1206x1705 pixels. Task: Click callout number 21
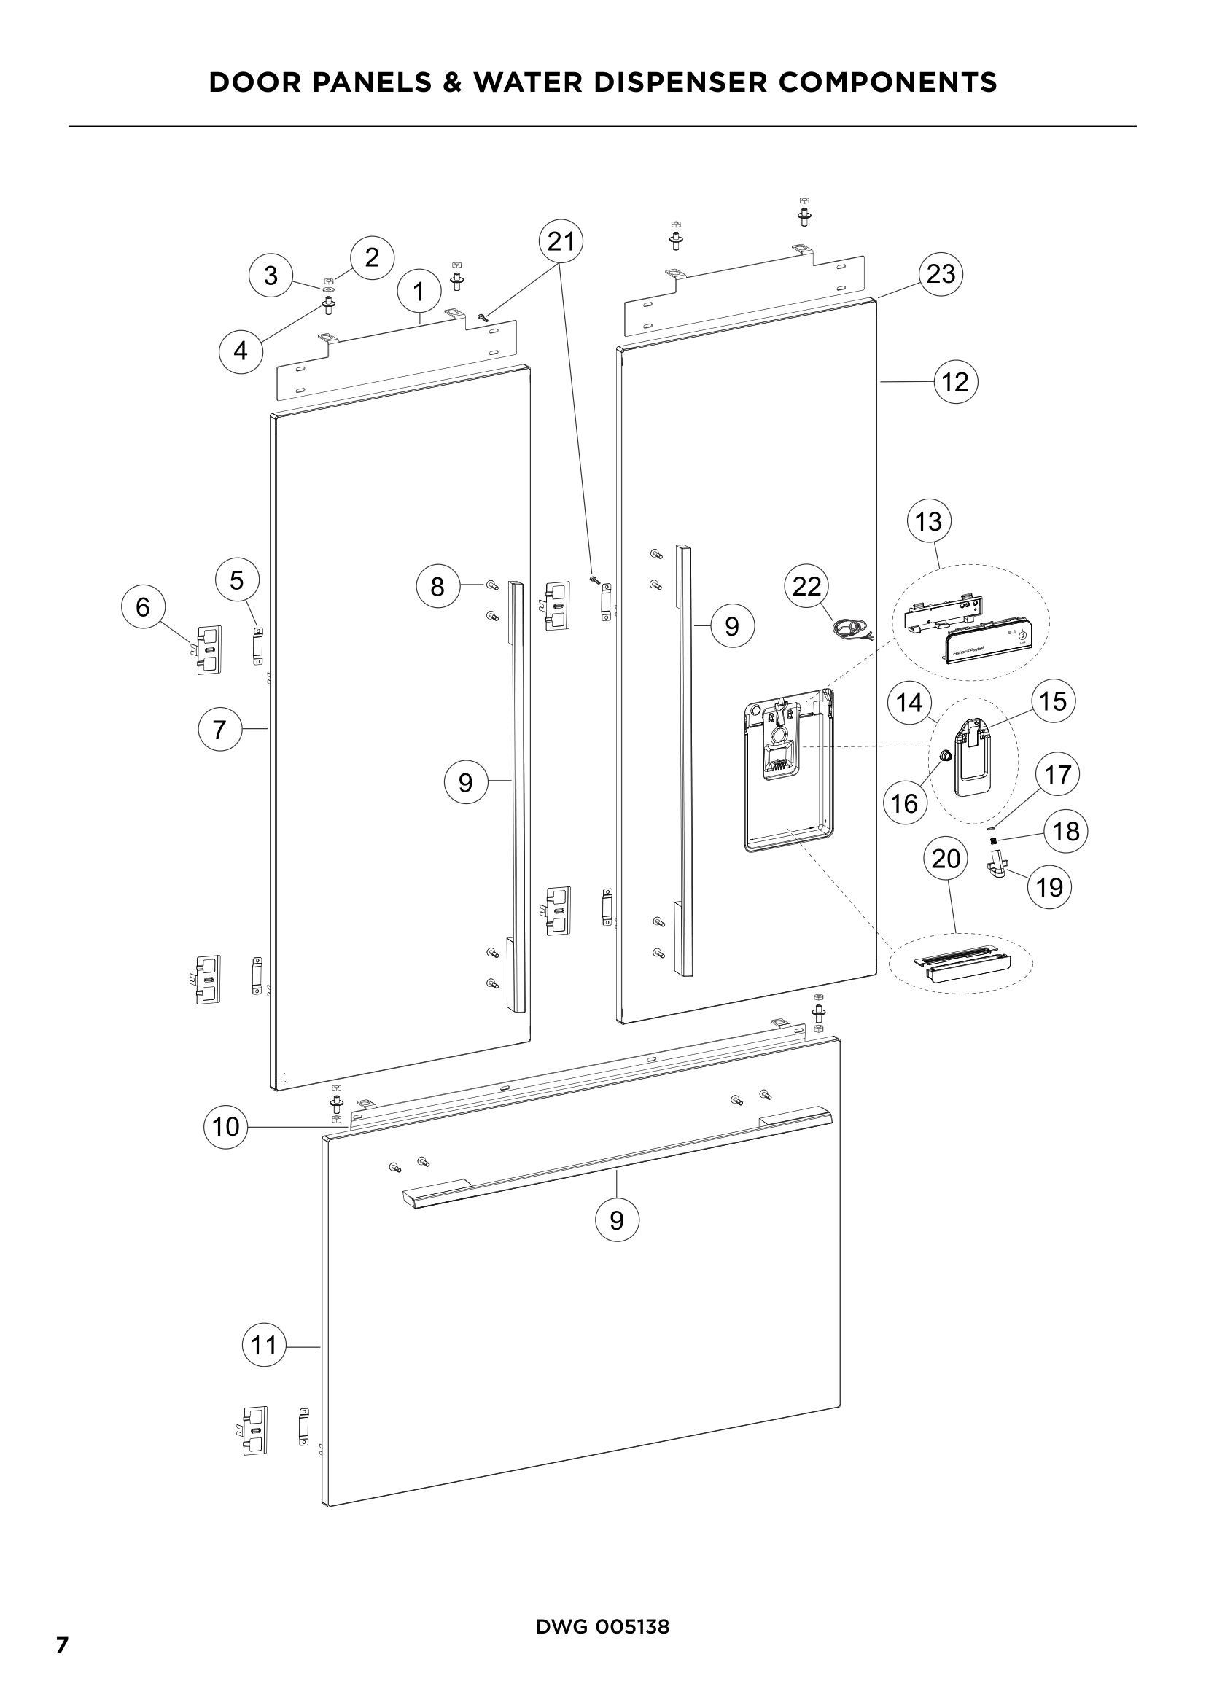click(561, 242)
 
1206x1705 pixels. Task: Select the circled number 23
click(940, 274)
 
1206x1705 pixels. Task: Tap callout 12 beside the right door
click(955, 382)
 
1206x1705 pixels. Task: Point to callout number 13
click(928, 521)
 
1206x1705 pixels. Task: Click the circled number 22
click(806, 586)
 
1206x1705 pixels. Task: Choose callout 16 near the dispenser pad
click(904, 803)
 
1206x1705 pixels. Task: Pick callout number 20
click(946, 859)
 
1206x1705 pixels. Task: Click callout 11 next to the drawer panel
click(264, 1345)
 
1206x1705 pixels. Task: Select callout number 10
click(226, 1126)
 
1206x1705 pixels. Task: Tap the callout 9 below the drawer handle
click(616, 1220)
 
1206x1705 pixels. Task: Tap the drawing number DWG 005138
click(602, 1626)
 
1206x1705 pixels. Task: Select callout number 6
click(143, 606)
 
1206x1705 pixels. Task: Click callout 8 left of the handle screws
click(437, 587)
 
